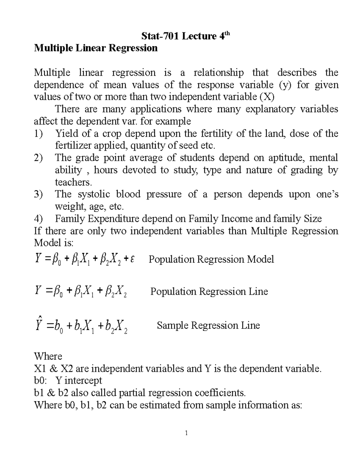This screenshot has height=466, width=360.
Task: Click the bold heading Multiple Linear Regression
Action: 96,48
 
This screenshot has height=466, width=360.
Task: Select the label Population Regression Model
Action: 211,259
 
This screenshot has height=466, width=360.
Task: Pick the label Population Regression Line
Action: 209,291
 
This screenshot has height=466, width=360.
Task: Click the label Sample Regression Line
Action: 208,326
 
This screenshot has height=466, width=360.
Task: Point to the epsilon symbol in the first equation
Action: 132,259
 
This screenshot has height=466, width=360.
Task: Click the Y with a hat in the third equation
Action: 38,325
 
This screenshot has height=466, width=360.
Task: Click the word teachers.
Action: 72,182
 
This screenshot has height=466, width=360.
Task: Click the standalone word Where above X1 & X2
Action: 48,356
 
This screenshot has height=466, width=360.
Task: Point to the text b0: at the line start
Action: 40,380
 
